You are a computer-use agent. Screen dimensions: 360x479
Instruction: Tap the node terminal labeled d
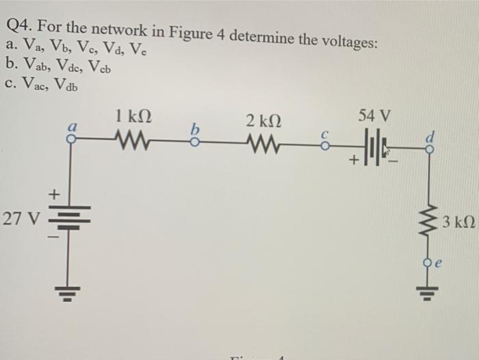[x=430, y=147]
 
